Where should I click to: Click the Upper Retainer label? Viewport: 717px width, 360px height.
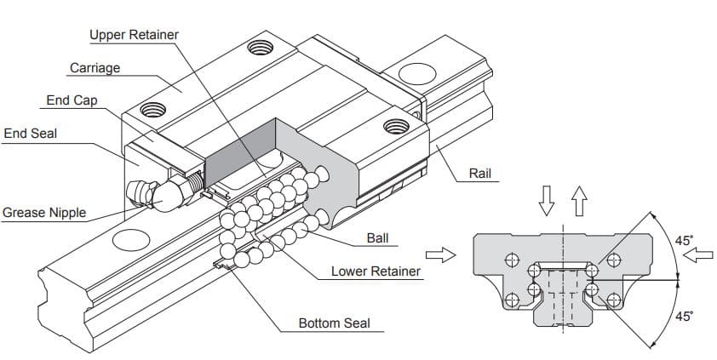[x=134, y=35]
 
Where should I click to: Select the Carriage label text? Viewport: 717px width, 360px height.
[x=95, y=67]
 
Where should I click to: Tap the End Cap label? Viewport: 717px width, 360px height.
[x=72, y=100]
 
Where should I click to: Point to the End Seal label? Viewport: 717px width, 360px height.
[x=31, y=134]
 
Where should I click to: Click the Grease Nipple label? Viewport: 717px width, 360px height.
[x=44, y=212]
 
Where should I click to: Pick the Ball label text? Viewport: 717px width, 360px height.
[x=377, y=237]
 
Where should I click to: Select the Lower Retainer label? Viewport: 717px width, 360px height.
[x=376, y=271]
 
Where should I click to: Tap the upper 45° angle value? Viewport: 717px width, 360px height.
[x=685, y=241]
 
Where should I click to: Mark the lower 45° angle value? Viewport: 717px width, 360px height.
[x=685, y=317]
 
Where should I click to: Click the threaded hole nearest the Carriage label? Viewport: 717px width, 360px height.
[x=152, y=108]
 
